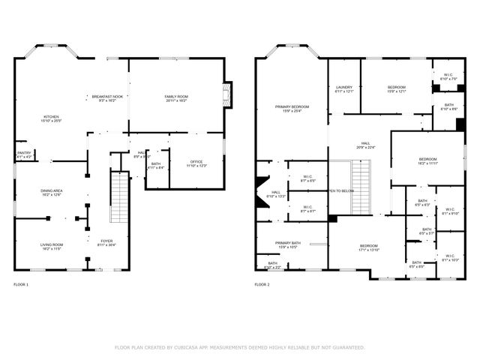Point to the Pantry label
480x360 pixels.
[x=24, y=154]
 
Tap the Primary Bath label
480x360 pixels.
[x=288, y=244]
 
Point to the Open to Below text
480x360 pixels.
[x=341, y=190]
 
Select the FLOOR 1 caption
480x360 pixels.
[x=21, y=285]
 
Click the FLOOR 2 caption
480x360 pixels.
[x=262, y=285]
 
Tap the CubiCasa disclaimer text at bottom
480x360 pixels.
[x=239, y=347]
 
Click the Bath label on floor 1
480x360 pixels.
[x=156, y=164]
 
